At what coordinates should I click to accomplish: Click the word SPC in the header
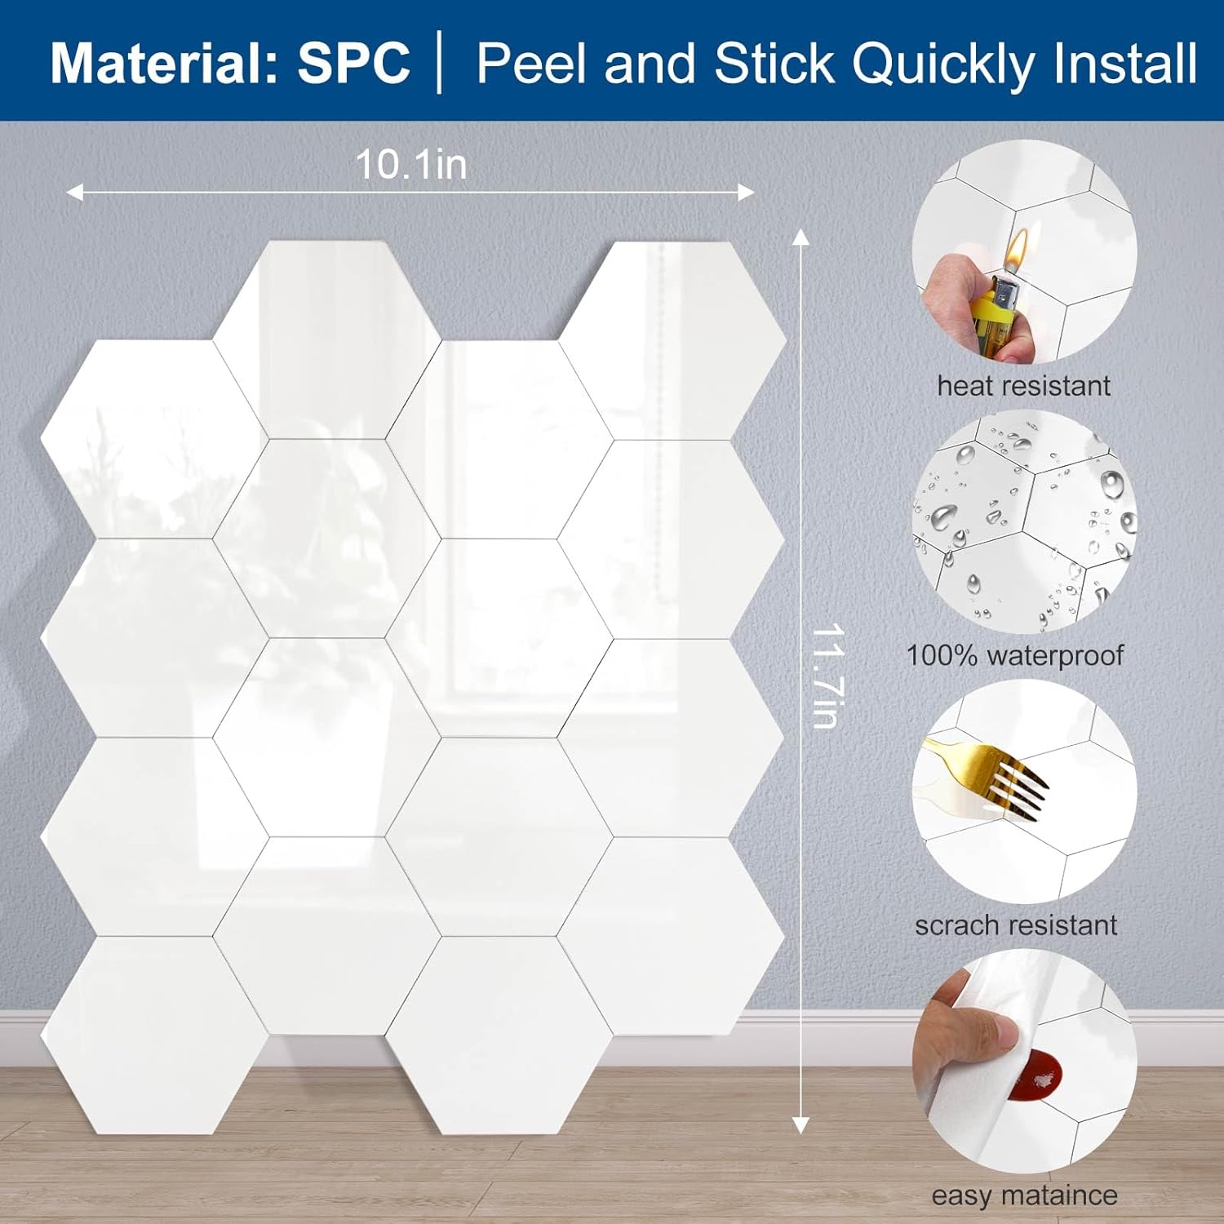coord(353,63)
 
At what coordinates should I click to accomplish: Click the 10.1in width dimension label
coord(411,165)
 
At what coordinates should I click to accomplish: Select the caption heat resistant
coord(1023,386)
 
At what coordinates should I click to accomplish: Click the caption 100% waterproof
coord(1015,655)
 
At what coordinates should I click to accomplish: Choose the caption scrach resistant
coord(1016,925)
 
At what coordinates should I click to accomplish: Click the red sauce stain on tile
coord(1036,1078)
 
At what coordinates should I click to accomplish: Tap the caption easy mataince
coord(1024,1195)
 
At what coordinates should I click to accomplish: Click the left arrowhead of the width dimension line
coord(73,193)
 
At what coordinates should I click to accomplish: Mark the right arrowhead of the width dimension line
coord(747,193)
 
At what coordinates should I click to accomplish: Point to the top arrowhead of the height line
coord(800,237)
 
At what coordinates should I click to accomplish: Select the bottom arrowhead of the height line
coord(800,1125)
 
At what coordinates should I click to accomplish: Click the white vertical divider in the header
coord(441,63)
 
